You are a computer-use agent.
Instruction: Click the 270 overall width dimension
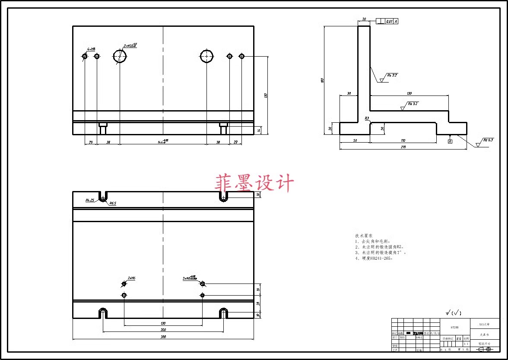point(403,147)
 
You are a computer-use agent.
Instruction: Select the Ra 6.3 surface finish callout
point(488,140)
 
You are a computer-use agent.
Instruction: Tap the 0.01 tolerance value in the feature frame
point(389,21)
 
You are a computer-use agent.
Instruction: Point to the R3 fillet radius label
point(367,118)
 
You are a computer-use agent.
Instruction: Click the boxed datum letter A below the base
point(450,141)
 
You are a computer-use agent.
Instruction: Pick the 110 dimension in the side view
point(403,140)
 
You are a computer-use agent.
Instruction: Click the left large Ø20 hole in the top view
point(120,56)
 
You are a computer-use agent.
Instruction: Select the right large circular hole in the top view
point(206,56)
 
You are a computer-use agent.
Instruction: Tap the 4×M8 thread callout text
point(91,49)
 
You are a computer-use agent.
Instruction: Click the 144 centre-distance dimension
point(163,141)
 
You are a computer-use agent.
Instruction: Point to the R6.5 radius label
point(112,203)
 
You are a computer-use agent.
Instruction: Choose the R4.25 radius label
point(90,200)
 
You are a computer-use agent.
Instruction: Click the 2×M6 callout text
point(131,278)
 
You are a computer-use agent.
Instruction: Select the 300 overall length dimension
point(163,337)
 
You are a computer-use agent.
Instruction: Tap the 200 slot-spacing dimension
point(163,330)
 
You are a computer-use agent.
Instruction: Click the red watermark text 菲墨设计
point(254,183)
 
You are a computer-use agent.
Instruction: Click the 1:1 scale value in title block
point(466,344)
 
